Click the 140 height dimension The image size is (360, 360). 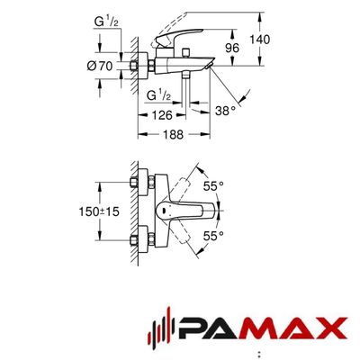260,40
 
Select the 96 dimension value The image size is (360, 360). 232,48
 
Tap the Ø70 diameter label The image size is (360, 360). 100,66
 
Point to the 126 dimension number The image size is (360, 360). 162,115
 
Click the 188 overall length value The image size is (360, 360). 173,134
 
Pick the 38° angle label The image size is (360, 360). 225,111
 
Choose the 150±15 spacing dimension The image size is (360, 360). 99,211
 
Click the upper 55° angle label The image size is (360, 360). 213,186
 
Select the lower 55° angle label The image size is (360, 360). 213,236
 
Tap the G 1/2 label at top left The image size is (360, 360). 106,22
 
